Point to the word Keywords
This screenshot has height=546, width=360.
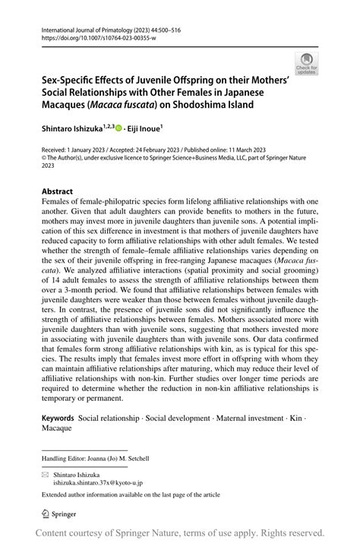58,418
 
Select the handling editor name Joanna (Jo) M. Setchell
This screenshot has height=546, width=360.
113,459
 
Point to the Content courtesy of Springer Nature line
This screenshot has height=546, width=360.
180,532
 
